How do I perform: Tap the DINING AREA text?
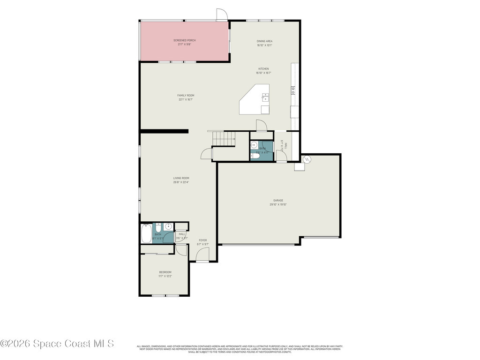click(x=264, y=41)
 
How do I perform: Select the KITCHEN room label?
click(x=263, y=69)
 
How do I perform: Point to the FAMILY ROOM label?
click(x=186, y=95)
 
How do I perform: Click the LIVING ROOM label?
click(x=181, y=178)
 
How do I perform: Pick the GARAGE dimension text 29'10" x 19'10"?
click(x=278, y=204)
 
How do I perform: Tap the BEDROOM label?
click(x=165, y=272)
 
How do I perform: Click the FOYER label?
click(x=202, y=240)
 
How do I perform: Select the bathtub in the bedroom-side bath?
click(x=146, y=233)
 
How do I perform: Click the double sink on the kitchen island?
click(x=265, y=97)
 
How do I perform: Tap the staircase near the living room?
click(x=223, y=138)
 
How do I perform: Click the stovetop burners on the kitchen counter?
click(x=293, y=90)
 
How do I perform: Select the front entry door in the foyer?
click(x=202, y=255)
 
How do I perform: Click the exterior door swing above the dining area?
click(x=222, y=15)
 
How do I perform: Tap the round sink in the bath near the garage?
click(x=254, y=145)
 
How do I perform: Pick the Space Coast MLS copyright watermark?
click(x=57, y=344)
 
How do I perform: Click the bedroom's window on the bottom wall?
click(x=165, y=295)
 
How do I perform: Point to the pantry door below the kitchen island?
click(x=262, y=126)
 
